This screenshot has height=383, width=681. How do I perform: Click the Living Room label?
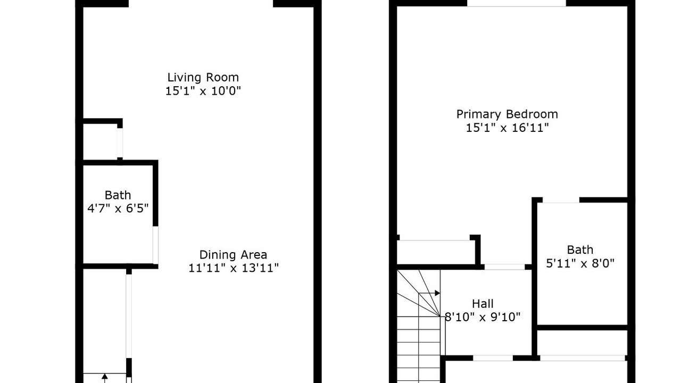203,77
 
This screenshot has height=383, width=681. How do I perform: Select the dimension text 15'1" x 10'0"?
203,91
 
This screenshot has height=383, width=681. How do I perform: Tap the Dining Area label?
233,254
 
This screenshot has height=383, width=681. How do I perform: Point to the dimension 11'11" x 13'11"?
234,268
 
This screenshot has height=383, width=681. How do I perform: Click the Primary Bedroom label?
507,114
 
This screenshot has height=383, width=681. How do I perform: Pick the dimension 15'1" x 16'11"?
508,128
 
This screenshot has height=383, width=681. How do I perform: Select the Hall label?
483,304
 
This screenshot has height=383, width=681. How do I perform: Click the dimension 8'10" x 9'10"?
483,317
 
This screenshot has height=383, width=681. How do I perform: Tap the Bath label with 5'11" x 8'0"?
580,250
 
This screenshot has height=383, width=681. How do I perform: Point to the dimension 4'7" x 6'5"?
118,209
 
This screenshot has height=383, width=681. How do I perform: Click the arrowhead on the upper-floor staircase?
437,293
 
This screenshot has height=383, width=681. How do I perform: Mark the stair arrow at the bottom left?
105,378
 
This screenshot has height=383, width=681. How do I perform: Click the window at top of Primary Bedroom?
516,3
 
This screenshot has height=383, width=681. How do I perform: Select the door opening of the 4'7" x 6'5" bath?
155,245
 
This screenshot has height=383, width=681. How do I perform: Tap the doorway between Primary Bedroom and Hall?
505,267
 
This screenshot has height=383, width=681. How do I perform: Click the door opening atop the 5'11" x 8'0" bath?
561,200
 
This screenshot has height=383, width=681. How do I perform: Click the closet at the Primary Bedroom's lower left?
436,252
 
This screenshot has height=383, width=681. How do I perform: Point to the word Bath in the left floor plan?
118,195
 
